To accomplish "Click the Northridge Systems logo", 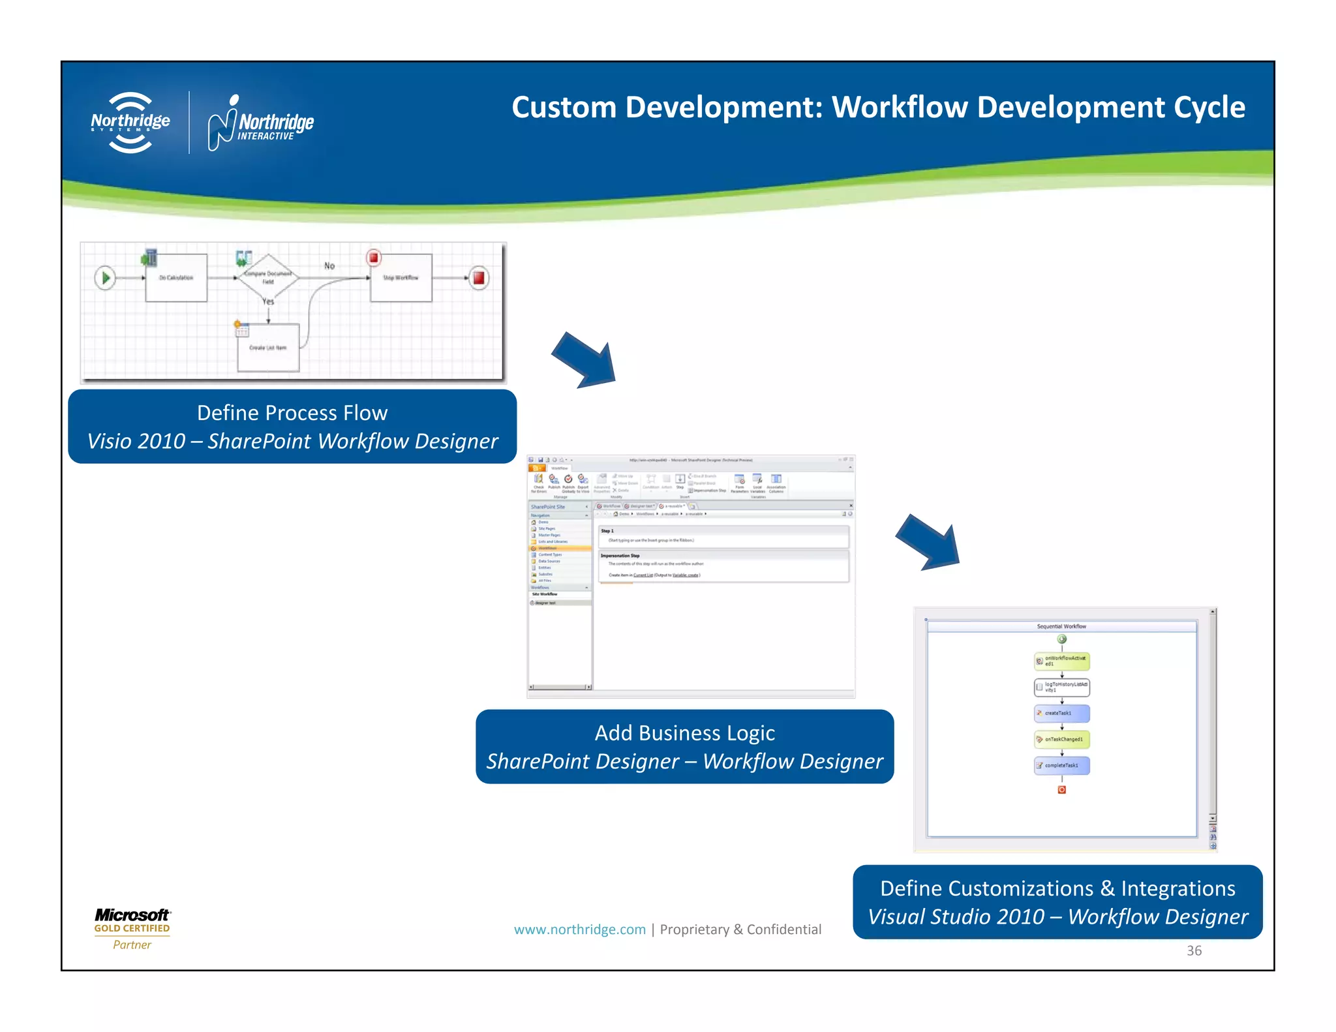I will (130, 123).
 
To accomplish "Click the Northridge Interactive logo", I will (261, 123).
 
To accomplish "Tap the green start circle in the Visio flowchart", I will (104, 278).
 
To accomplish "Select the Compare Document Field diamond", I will (267, 278).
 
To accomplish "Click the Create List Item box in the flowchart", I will (268, 348).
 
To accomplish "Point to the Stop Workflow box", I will (401, 278).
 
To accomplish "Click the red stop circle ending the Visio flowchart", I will (479, 278).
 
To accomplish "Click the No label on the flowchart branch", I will (329, 266).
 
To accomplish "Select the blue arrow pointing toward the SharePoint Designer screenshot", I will (585, 361).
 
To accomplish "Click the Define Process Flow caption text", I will (292, 413).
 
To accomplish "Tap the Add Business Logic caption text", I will (684, 733).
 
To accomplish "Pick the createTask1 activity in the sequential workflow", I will (1061, 713).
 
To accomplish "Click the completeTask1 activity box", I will (1061, 765).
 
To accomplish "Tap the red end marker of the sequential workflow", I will (1061, 790).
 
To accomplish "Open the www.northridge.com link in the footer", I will (579, 930).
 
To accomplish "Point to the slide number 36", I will (1194, 950).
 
